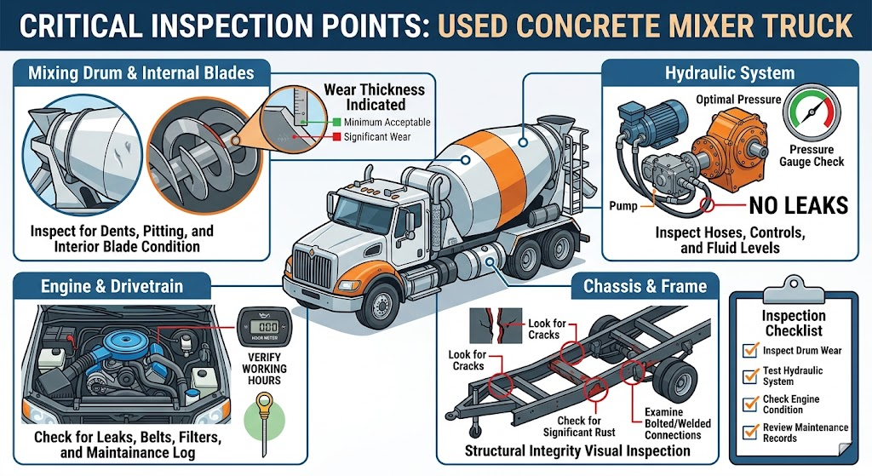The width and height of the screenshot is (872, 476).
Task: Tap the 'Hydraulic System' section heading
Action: click(x=730, y=73)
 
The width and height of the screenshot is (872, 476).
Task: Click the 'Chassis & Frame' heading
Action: click(x=645, y=286)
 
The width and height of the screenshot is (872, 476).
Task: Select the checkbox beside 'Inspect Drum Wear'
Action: click(x=750, y=349)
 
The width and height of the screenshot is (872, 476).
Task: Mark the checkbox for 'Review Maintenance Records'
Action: click(x=750, y=432)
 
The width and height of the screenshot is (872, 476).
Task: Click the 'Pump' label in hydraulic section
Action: click(x=624, y=205)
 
